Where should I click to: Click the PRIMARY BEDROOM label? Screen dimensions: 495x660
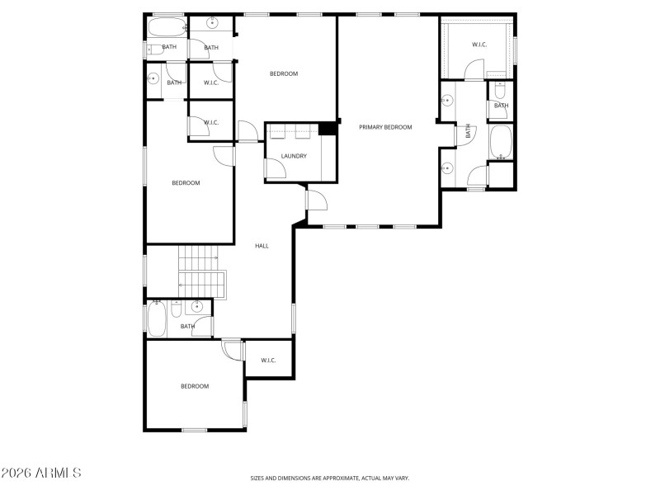[x=385, y=127]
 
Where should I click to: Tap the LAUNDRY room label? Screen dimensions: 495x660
[x=294, y=156]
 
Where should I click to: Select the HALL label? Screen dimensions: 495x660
[x=262, y=246]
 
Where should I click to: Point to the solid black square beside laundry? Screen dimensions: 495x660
[x=328, y=129]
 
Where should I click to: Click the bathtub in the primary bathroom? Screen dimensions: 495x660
[x=501, y=143]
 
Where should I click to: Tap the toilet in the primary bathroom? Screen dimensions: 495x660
[x=501, y=92]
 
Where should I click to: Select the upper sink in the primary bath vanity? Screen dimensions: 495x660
[x=447, y=101]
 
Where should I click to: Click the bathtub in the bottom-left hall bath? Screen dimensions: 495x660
[x=157, y=318]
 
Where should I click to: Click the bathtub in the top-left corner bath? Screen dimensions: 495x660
[x=166, y=27]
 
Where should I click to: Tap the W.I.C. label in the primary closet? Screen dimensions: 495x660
[x=479, y=45]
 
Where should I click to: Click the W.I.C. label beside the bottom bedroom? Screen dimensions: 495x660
[x=268, y=361]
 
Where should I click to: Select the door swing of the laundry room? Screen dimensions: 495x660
[x=276, y=168]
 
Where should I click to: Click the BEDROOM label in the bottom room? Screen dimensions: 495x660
[x=195, y=386]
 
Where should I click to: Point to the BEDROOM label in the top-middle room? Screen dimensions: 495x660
[x=284, y=74]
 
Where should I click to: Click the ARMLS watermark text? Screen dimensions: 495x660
[x=41, y=474]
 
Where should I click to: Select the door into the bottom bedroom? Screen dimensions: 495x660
[x=233, y=350]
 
